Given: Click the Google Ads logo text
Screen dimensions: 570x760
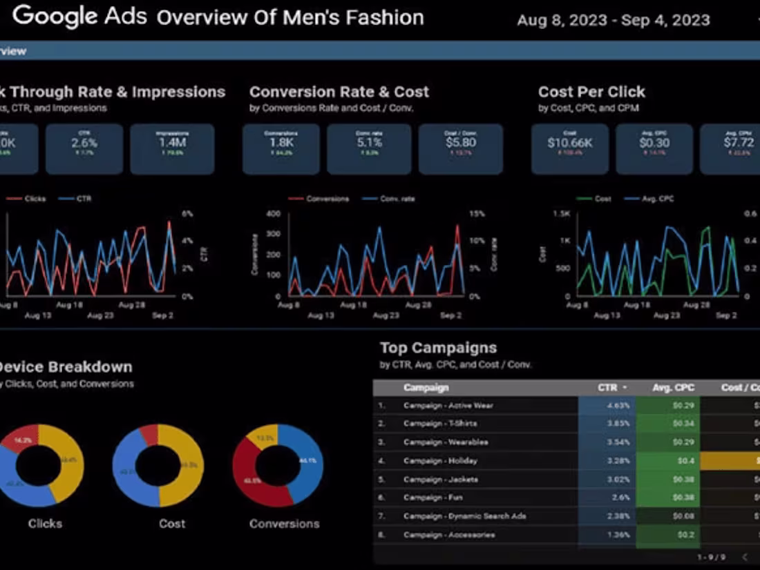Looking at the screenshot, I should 80,16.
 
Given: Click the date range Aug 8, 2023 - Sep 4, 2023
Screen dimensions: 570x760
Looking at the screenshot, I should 613,20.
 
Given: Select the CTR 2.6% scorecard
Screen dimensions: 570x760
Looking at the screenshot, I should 84,149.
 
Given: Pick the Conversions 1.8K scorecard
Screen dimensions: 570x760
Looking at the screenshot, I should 281,149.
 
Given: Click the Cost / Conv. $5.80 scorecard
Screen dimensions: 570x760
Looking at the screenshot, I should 460,149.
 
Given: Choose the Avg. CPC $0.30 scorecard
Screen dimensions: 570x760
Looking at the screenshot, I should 654,149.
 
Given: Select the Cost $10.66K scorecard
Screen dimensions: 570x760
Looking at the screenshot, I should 569,149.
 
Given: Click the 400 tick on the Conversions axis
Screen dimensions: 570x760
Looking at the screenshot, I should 274,214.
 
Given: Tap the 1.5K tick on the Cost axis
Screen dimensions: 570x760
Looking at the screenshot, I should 561,214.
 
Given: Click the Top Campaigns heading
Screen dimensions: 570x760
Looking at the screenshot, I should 438,348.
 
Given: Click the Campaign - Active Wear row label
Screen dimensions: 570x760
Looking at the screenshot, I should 448,406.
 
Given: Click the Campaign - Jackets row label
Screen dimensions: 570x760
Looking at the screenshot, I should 441,479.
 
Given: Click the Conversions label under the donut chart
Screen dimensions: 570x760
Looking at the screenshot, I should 284,524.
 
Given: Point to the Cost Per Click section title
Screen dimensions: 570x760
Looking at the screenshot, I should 591,92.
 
